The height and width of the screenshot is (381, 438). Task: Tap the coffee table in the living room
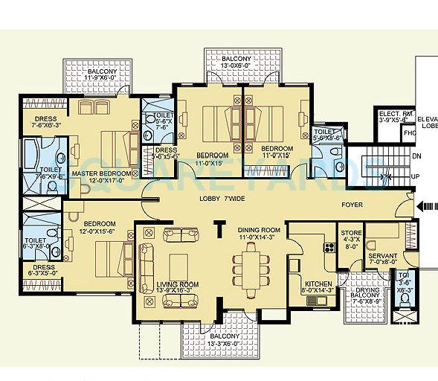click(178, 266)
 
